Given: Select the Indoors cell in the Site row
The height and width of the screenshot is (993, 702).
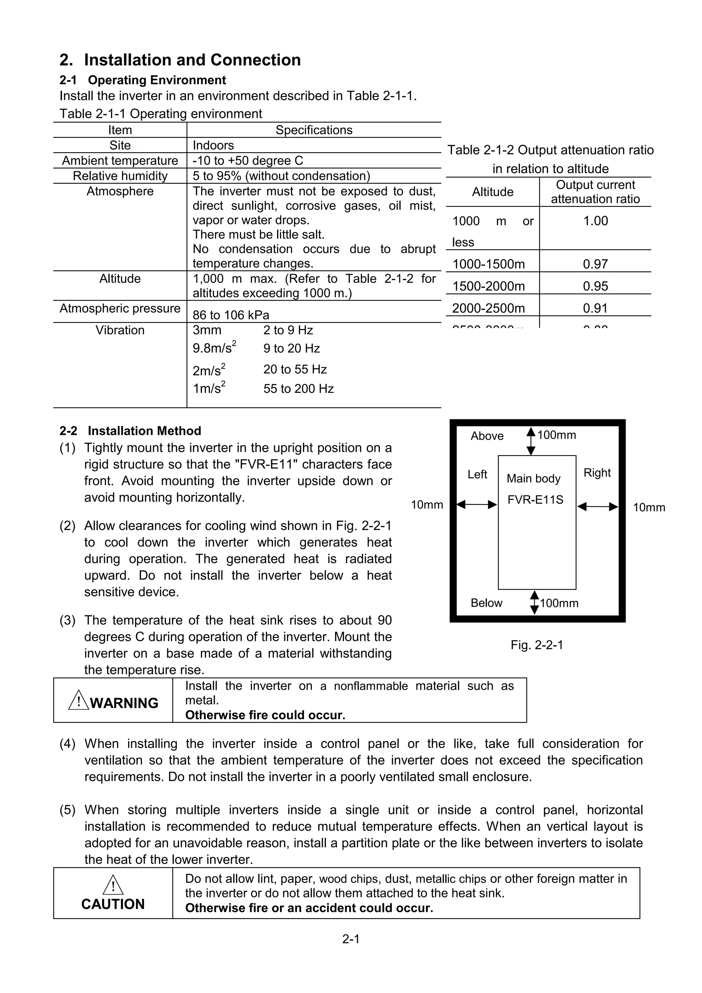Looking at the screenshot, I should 213,145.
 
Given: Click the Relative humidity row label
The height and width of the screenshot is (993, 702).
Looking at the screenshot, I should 120,176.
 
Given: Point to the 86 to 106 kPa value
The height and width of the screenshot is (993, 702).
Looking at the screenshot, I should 231,315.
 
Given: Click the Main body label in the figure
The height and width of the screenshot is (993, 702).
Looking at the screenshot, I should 533,478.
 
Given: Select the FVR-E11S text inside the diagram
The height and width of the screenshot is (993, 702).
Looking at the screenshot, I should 535,500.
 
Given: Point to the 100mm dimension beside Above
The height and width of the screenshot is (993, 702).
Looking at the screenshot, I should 556,435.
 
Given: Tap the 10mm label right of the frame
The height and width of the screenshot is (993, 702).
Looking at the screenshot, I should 649,507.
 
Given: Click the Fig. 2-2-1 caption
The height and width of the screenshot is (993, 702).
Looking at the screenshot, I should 537,645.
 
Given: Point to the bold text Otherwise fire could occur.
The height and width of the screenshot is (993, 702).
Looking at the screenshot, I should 265,715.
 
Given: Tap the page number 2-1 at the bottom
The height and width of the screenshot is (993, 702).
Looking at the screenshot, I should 351,939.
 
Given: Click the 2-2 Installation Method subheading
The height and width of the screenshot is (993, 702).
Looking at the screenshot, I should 130,431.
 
